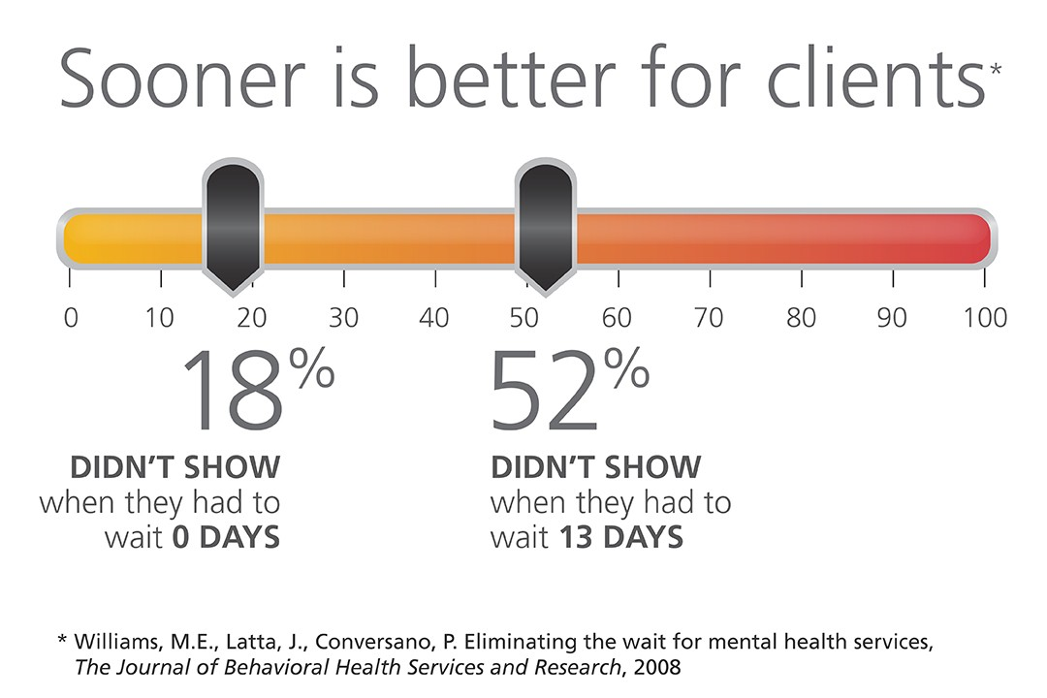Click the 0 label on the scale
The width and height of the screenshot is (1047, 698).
[70, 318]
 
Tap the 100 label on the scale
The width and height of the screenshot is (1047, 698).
[985, 318]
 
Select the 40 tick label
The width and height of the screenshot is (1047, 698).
[435, 318]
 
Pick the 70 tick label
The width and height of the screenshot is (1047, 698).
[710, 318]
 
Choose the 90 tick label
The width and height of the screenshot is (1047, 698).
[893, 318]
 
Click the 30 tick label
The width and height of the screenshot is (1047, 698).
[343, 318]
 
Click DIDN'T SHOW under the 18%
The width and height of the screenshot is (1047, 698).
[175, 467]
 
